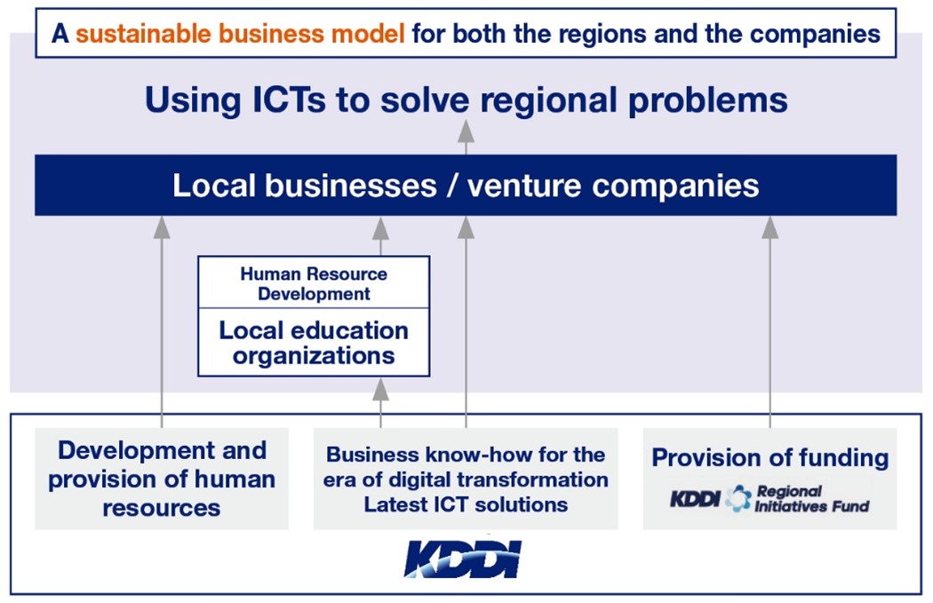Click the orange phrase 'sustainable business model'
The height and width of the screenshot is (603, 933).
coord(241,33)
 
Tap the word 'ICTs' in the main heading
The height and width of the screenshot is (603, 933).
coord(289,99)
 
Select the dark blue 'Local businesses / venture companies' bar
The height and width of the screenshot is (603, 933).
coord(466,185)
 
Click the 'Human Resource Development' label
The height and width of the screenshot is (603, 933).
coord(314,283)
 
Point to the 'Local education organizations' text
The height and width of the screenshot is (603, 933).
coord(314,343)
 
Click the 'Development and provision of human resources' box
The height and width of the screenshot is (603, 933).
coord(162,479)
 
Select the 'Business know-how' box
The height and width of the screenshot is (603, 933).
coord(466,479)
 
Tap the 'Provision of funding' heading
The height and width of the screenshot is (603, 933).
coord(770,457)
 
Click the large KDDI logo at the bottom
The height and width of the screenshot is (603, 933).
coord(463,559)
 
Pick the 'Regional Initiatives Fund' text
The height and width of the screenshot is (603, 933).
coord(812,498)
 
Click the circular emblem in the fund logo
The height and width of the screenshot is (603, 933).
coord(738,498)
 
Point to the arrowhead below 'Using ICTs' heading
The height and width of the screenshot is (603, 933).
coord(466,131)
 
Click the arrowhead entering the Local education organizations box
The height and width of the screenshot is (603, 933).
coord(381,390)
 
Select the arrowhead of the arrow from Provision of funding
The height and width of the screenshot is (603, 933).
coord(770,227)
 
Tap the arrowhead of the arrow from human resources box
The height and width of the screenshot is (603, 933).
coord(162,227)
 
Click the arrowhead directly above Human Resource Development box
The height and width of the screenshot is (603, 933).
coord(381,227)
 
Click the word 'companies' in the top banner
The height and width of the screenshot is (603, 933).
coord(815,35)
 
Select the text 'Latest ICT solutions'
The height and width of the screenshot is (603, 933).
coord(466,504)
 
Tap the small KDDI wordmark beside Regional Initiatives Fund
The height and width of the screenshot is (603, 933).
coord(695,499)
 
